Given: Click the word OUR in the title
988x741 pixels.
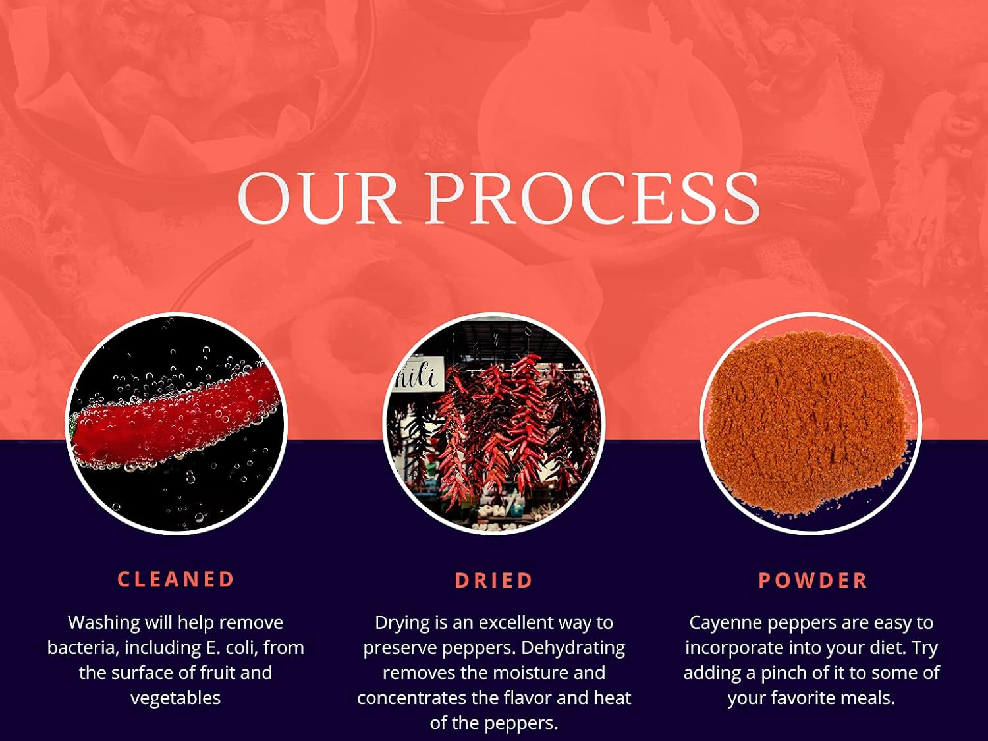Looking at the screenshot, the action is click(319, 198).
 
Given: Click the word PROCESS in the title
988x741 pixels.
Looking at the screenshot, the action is click(593, 198).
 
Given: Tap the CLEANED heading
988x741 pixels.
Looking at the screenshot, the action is click(176, 579).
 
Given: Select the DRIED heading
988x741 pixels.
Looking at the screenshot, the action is click(494, 580).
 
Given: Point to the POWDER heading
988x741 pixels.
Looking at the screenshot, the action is click(813, 580).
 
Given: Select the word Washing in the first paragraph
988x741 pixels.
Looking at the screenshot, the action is click(104, 624).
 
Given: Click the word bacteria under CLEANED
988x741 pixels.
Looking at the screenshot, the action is click(83, 648).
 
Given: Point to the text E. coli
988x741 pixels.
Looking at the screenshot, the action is click(232, 648).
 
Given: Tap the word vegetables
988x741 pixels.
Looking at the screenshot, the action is click(176, 698).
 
